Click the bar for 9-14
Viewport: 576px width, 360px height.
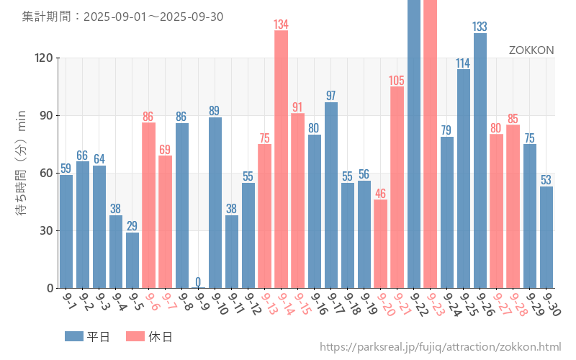(x=281, y=159)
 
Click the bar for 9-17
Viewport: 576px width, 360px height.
(x=331, y=195)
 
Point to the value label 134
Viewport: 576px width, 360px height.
(x=281, y=24)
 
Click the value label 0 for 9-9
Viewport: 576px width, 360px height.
(x=198, y=282)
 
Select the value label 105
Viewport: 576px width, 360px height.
(x=397, y=81)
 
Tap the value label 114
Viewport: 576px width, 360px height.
(x=463, y=63)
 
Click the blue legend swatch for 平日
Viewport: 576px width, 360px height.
(x=74, y=336)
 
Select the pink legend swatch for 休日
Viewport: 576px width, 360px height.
(x=135, y=336)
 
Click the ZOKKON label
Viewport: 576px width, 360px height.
(x=531, y=50)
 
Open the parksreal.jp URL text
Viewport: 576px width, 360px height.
(x=440, y=347)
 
